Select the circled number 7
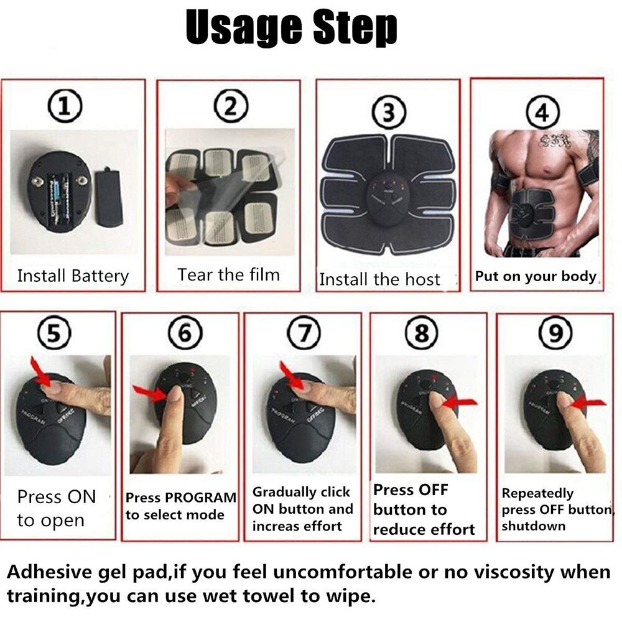point(304,335)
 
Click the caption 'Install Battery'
point(73,276)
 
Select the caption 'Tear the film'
point(228,274)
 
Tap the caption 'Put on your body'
point(536,276)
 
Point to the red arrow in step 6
point(148,392)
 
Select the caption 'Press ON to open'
point(56,508)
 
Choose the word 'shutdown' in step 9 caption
point(525,526)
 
